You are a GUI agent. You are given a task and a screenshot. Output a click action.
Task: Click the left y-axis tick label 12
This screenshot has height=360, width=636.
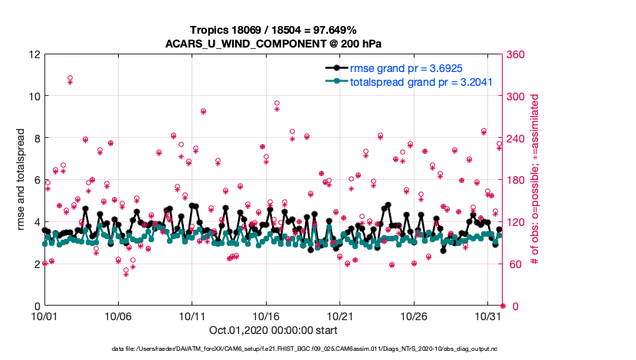[34, 55]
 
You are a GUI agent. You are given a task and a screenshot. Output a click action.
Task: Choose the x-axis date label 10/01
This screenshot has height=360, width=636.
[44, 316]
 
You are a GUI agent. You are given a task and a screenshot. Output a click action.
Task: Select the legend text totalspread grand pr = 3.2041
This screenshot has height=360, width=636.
[421, 81]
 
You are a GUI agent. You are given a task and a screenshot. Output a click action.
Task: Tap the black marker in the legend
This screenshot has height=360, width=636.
[334, 68]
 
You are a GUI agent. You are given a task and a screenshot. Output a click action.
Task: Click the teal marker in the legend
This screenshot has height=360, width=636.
[334, 81]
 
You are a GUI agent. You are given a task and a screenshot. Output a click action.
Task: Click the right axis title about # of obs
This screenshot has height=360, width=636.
[536, 180]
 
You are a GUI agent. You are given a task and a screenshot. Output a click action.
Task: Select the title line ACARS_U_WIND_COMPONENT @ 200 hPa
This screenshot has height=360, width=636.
[274, 43]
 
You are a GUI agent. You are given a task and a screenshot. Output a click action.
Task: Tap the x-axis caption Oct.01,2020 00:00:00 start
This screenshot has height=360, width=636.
[274, 331]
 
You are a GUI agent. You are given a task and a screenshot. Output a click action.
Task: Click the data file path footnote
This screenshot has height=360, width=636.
[316, 349]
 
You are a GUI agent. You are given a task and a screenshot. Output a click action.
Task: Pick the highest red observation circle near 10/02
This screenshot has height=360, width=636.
[70, 78]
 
